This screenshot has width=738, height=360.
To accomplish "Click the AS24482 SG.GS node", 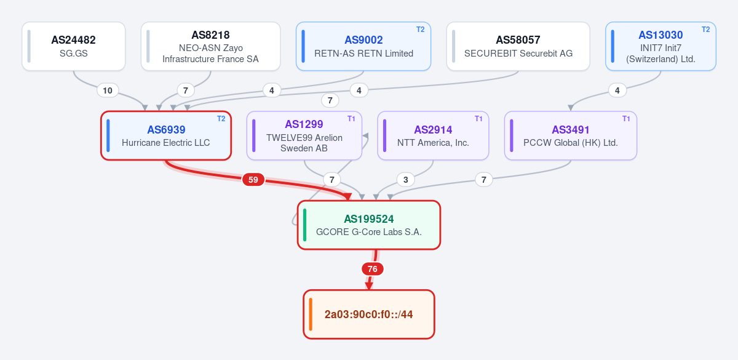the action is click(x=73, y=46).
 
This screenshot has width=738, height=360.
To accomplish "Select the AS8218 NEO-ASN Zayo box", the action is click(x=210, y=46).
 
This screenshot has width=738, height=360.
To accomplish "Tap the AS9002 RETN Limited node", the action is click(x=363, y=46).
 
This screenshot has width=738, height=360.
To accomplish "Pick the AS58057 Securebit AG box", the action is click(x=518, y=46).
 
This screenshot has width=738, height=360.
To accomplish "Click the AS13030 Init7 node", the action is click(x=661, y=46).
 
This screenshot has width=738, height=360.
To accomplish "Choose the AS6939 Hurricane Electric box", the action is click(x=166, y=135).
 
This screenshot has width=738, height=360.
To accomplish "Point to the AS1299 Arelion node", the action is click(x=304, y=135).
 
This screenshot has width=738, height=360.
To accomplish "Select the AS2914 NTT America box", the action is click(x=433, y=135).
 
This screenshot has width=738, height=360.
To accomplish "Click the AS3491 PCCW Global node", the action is click(x=570, y=135).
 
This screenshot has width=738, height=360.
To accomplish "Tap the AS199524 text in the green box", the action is click(x=368, y=219).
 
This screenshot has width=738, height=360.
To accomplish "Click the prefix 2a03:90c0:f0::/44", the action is click(x=368, y=314).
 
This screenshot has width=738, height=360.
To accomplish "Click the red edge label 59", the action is click(x=253, y=180).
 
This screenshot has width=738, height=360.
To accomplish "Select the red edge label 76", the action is click(x=372, y=269).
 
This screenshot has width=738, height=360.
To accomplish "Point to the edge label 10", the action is click(x=108, y=90).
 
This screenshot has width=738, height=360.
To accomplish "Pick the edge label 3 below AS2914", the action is click(x=405, y=180).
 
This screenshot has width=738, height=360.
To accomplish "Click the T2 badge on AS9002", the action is click(x=421, y=30).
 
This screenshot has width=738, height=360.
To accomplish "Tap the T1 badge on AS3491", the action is click(x=626, y=119).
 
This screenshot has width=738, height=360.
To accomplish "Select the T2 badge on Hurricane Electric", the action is click(x=221, y=119).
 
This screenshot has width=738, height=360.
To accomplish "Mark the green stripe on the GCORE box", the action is click(x=305, y=225).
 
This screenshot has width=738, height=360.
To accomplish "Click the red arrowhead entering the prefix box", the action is click(x=368, y=286).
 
